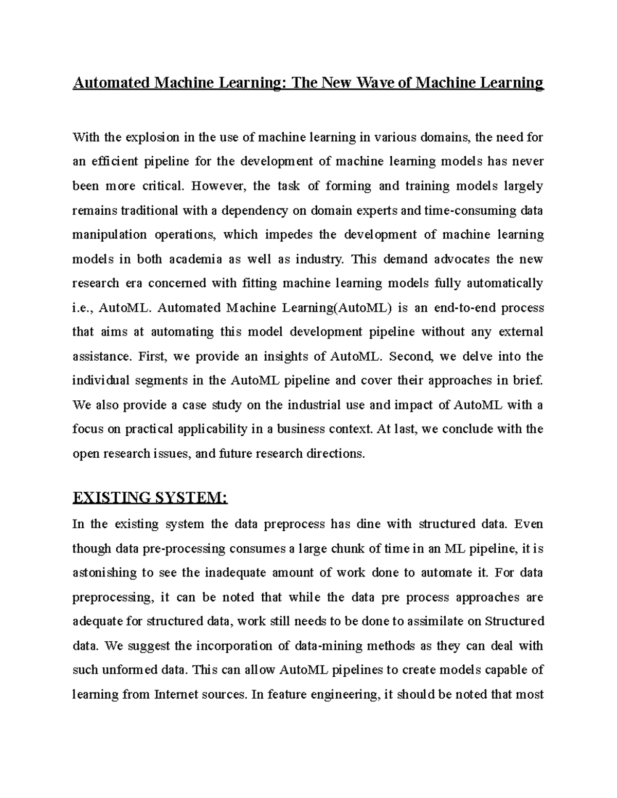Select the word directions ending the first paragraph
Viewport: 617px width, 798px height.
click(335, 454)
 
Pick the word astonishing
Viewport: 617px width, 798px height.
click(104, 572)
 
